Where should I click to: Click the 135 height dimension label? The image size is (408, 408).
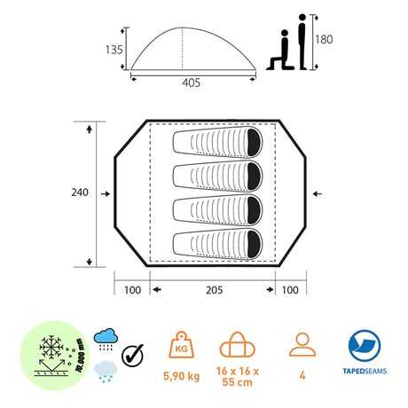click(x=114, y=50)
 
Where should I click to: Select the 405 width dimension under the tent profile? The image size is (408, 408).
click(x=192, y=82)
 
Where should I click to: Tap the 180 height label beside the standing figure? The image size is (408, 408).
click(x=324, y=39)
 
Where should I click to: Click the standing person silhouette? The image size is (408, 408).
click(x=302, y=42)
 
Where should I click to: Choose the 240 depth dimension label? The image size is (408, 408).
click(x=80, y=192)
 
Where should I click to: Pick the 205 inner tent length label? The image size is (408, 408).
click(x=214, y=290)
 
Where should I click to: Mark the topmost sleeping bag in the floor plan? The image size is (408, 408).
click(x=217, y=142)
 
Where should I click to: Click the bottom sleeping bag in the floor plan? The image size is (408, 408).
click(x=217, y=244)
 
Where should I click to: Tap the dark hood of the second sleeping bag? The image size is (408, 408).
click(x=255, y=177)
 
